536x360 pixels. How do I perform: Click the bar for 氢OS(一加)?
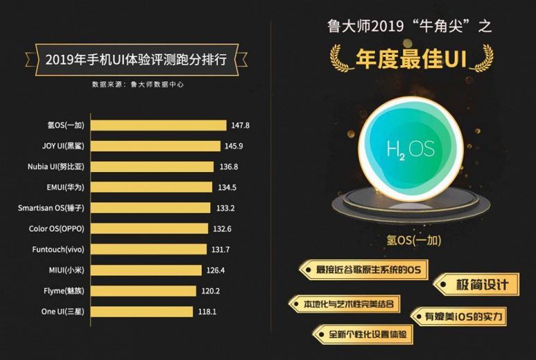[159, 126]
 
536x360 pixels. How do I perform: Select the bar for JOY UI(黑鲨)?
[157, 146]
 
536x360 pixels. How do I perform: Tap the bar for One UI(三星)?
[142, 312]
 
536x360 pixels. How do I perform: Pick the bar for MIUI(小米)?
[147, 271]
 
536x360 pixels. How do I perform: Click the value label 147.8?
[240, 126]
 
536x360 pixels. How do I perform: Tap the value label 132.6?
[223, 229]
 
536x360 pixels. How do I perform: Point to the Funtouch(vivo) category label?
[58, 250]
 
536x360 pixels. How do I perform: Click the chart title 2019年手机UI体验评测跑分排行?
[137, 60]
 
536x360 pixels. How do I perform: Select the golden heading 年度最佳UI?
[411, 59]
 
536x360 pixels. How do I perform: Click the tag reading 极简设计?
[476, 284]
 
